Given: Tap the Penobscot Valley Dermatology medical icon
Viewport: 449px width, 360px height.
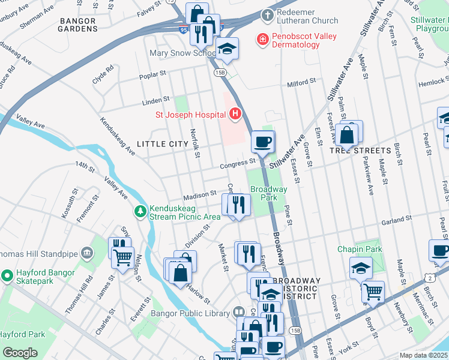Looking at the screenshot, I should pos(262,40).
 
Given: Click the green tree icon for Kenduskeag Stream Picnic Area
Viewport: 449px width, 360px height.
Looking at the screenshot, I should pos(140,211).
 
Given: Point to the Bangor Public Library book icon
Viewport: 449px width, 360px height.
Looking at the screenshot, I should pos(238,313).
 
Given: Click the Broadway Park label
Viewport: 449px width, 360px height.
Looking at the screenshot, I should pos(268,193).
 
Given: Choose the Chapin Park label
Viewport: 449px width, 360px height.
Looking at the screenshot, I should pos(360,249).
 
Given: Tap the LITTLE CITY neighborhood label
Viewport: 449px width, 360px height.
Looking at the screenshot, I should pos(162,144).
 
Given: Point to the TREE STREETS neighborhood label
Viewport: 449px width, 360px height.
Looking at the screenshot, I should pos(360,150).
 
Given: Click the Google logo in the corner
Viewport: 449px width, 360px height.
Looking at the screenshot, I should pos(20,353).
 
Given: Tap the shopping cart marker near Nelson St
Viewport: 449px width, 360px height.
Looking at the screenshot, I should pos(123,259).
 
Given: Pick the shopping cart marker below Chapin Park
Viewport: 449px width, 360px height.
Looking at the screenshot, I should pos(373,292).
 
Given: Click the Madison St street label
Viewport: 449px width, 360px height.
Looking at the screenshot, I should pos(199,195).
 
